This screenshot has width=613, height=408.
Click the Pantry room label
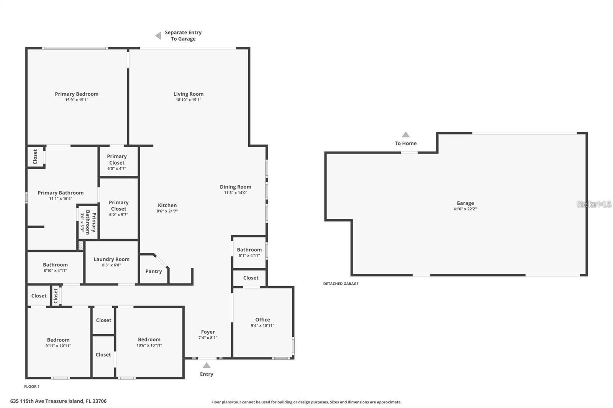pyautogui.click(x=154, y=271)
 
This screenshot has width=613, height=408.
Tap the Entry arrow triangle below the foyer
pyautogui.click(x=207, y=366)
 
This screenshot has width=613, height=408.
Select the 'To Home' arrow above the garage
pyautogui.click(x=406, y=135)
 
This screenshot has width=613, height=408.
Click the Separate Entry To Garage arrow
pyautogui.click(x=158, y=36)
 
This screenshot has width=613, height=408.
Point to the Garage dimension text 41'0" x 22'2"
pyautogui.click(x=465, y=209)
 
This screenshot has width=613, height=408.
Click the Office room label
pyautogui.click(x=262, y=320)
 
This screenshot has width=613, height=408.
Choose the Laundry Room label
pyautogui.click(x=111, y=259)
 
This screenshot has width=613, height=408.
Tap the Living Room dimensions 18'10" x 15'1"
pyautogui.click(x=188, y=100)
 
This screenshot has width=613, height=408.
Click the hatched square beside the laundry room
pyautogui.click(x=81, y=245)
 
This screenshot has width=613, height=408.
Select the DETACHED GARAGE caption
pyautogui.click(x=341, y=284)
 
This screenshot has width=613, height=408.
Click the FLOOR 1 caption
pyautogui.click(x=32, y=387)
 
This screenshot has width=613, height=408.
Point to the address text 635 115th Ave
pyautogui.click(x=58, y=401)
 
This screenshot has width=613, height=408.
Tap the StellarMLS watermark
pyautogui.click(x=594, y=204)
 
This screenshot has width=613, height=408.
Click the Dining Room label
pyautogui.click(x=236, y=187)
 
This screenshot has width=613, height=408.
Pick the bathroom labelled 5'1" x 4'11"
pyautogui.click(x=249, y=252)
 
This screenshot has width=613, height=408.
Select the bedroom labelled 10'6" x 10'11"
pyautogui.click(x=149, y=342)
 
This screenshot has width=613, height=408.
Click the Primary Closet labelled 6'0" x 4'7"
pyautogui.click(x=117, y=162)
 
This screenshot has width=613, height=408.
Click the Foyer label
pyautogui.click(x=208, y=332)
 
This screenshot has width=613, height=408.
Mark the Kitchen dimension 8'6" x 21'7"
pyautogui.click(x=167, y=211)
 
